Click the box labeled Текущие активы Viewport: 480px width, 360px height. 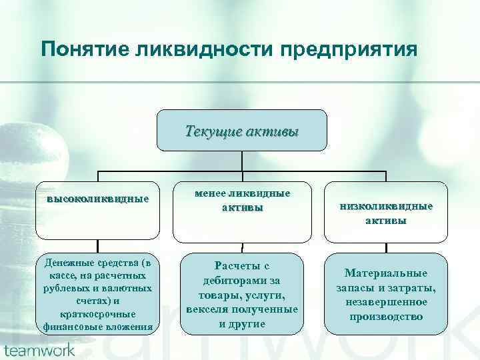point(242,131)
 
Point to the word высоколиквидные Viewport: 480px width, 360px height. point(98,199)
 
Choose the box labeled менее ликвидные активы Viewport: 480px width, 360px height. point(242,201)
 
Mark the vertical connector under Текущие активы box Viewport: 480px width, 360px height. point(242,161)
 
